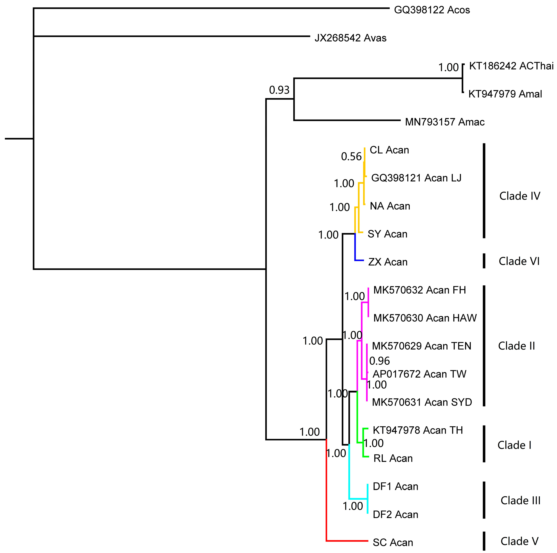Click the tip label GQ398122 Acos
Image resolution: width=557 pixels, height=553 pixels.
coord(432,10)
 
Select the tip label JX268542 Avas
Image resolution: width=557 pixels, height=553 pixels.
coord(350,38)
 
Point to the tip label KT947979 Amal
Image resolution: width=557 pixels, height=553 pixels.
coord(505,94)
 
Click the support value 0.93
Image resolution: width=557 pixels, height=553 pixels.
coord(279,90)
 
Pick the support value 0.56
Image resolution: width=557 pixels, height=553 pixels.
coord(351,157)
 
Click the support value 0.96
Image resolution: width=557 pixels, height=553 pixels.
coord(379,361)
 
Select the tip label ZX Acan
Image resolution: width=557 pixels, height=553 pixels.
coord(388,262)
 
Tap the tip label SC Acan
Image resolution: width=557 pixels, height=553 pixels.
coord(393,542)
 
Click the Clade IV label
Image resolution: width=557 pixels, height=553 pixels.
coord(519,196)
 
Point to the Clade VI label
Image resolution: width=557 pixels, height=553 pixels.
coord(519,261)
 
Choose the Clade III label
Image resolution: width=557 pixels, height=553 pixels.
coord(520,500)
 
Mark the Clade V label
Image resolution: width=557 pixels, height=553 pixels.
coord(519,541)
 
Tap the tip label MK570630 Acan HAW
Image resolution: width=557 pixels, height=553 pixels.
coord(425,318)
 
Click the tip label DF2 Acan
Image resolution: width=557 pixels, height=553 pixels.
coord(395,514)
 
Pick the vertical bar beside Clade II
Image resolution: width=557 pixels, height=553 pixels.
coord(484,346)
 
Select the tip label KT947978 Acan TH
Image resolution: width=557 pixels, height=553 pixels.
coord(418,430)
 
